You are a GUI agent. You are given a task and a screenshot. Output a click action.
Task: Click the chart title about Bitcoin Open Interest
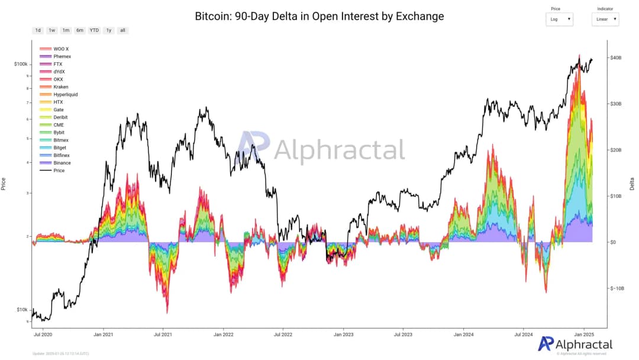point(319,16)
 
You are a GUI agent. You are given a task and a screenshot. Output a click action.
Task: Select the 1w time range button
point(52,30)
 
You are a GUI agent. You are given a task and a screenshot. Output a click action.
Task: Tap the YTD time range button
point(94,30)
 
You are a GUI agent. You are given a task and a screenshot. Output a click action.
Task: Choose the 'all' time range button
point(122,30)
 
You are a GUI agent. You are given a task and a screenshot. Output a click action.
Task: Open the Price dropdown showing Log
point(559,19)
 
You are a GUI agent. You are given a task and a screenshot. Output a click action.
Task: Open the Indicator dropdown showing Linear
point(605,19)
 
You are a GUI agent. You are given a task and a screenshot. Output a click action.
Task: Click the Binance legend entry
point(62,163)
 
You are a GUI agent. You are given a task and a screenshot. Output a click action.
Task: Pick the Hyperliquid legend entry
point(65,94)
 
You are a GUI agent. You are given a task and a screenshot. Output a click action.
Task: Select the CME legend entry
point(59,125)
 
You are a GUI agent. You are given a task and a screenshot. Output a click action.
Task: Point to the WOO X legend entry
point(61,49)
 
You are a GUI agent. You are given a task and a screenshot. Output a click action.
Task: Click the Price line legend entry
point(59,171)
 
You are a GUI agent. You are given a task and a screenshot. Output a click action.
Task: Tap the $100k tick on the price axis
point(21,63)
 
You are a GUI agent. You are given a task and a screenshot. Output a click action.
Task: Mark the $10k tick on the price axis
point(22,310)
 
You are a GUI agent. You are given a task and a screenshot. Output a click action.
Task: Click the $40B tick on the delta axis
point(616,57)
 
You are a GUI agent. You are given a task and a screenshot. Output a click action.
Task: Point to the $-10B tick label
point(617,288)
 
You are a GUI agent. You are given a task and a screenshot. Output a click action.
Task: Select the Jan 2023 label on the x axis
point(343,334)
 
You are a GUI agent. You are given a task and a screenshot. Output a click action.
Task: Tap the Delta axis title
point(632,184)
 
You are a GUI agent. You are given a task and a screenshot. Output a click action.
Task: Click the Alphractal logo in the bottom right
point(575,345)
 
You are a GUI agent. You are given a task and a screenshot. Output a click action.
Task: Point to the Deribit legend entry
point(60,117)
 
